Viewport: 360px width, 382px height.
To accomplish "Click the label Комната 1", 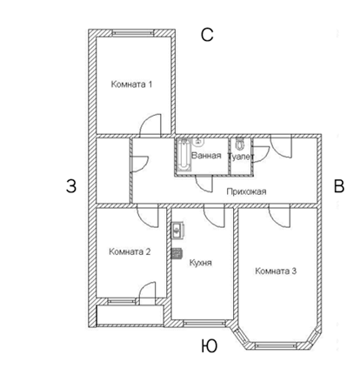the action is pos(131,84).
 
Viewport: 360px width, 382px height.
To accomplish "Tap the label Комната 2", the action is pos(130,251).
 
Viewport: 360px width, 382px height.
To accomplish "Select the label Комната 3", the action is pos(276,271).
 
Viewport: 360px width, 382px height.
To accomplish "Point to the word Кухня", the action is pos(201,263).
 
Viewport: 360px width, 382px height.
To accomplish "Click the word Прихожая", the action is pos(246,191).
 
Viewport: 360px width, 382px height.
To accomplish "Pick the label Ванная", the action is pos(206,156).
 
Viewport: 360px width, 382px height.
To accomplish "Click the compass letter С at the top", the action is pos(207,35).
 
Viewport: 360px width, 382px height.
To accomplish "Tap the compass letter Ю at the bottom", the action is pos(209,346).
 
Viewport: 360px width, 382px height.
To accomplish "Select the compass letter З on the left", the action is pos(71,186).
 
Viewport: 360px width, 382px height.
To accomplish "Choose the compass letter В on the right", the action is pos(339,186).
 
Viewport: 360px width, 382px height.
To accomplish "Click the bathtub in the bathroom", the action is pos(183,155).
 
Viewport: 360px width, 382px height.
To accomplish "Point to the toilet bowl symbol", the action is pos(239,144).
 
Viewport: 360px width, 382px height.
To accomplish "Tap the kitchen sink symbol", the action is pos(177,231).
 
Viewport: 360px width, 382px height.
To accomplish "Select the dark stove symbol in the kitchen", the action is pos(177,253).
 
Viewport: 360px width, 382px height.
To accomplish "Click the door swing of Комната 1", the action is pos(150,125).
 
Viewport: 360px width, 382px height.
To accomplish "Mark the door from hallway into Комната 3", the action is pos(279,216).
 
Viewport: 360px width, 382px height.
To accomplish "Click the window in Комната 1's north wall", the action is pos(133,33).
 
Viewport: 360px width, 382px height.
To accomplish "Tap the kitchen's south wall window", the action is pos(204,323).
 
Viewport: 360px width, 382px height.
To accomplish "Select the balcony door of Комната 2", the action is pos(148,293).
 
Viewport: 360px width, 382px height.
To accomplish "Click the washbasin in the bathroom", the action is pos(198,141).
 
